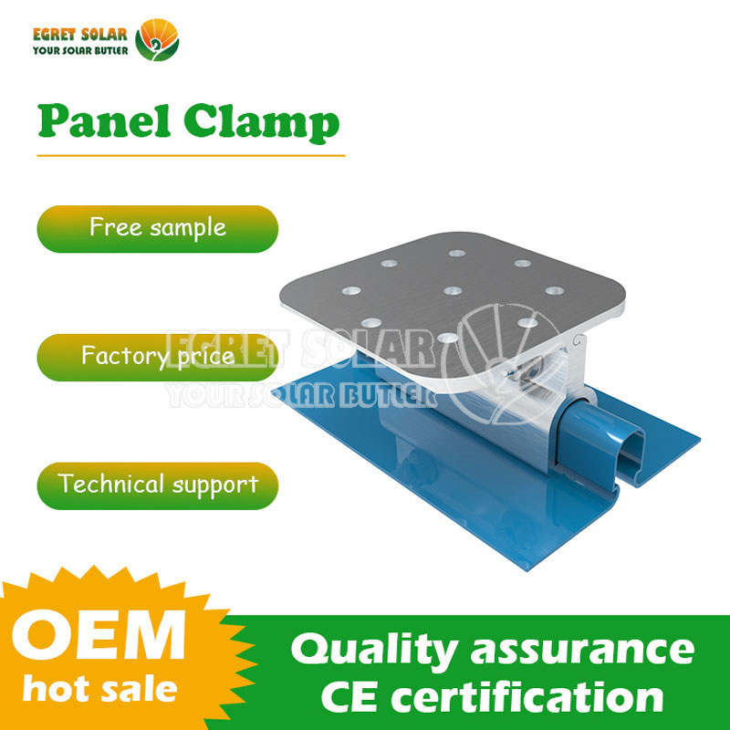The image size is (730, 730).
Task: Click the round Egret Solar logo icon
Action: (157, 39)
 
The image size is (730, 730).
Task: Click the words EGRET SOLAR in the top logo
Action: (80, 35)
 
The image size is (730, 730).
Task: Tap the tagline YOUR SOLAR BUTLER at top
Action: (80, 50)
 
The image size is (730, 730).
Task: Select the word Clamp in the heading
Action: (262, 123)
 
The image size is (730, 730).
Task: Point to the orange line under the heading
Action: (191, 155)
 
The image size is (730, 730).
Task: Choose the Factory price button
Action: (157, 357)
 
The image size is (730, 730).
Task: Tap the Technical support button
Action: (157, 485)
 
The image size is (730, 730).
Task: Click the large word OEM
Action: (99, 635)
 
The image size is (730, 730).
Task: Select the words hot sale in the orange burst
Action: (100, 689)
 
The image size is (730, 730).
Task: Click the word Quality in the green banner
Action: (372, 651)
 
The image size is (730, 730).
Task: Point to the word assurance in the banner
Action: (582, 650)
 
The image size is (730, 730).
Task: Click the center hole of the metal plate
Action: (453, 291)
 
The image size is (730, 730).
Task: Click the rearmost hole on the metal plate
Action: (457, 254)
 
